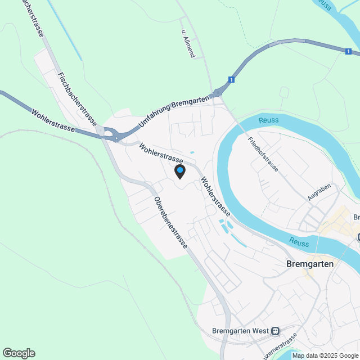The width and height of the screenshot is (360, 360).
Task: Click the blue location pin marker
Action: point(180,171)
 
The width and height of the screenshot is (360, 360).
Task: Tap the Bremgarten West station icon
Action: point(275,331)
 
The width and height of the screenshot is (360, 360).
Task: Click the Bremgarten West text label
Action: point(240,331)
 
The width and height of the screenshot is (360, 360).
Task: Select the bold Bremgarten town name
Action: point(310,264)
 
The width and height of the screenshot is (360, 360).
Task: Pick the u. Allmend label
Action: point(188,44)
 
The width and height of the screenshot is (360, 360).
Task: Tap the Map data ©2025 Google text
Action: point(325,355)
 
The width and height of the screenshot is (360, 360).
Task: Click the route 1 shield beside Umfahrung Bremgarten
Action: point(231,80)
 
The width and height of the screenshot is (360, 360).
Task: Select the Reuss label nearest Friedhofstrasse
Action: point(269,120)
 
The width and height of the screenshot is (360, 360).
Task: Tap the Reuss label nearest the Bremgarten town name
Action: point(299,242)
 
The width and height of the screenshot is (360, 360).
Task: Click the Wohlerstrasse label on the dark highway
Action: point(54,120)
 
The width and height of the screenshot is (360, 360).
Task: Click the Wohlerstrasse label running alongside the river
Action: point(215,196)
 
